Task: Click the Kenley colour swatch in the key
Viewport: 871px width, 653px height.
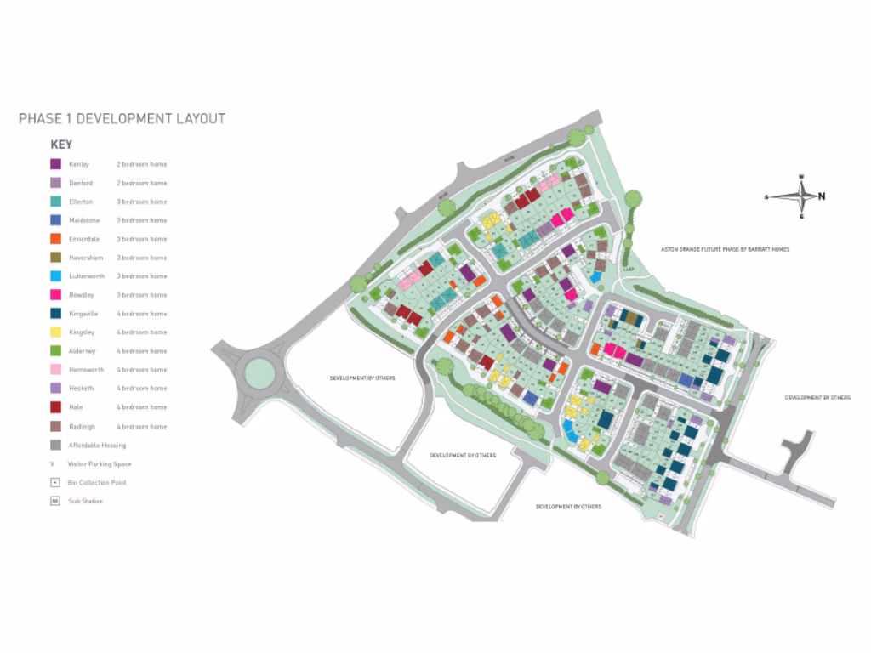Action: coord(55,164)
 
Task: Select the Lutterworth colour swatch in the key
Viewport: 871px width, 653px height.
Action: coord(55,276)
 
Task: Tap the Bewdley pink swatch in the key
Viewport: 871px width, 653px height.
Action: coord(55,295)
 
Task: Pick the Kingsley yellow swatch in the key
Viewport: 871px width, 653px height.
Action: coord(55,332)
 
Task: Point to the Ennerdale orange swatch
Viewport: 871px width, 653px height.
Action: coord(55,239)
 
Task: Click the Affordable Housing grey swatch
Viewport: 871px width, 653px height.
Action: coord(55,445)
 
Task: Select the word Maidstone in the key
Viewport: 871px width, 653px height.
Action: coord(83,220)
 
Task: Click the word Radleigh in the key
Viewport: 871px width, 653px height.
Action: coord(83,426)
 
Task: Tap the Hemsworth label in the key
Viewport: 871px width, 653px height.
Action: coord(86,370)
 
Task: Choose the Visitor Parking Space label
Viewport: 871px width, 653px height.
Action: coord(99,464)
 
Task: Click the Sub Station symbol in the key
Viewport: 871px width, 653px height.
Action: coord(54,501)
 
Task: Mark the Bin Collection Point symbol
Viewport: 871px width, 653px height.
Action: coord(54,482)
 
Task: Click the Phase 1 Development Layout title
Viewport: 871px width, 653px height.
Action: coord(122,118)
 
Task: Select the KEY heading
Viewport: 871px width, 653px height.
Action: coord(61,145)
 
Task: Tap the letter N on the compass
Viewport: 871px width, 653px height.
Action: coord(822,196)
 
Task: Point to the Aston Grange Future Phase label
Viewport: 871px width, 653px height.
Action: coord(726,249)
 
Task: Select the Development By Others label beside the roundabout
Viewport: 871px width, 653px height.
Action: coord(362,378)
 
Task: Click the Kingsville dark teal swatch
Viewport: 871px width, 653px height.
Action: coord(55,314)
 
